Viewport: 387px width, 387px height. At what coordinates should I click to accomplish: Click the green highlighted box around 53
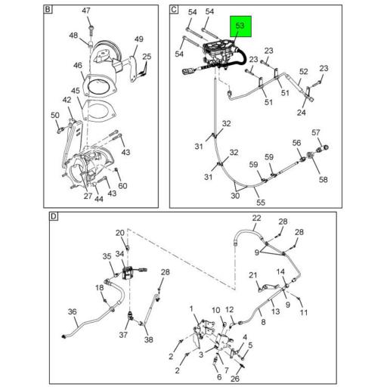tap(240, 26)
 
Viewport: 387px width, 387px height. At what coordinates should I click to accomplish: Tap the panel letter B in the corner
tap(48, 10)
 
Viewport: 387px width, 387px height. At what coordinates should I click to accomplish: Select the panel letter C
tap(174, 10)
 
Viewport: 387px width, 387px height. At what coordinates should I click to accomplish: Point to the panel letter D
tap(54, 216)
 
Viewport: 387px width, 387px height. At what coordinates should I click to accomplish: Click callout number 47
tap(86, 11)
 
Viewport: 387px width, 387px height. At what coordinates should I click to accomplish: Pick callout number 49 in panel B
tap(138, 39)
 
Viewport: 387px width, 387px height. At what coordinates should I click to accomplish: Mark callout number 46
tap(78, 65)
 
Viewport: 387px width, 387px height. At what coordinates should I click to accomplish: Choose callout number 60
tap(122, 186)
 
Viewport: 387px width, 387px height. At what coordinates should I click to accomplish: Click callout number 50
tap(55, 116)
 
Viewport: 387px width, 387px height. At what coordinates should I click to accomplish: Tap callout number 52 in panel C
tap(304, 72)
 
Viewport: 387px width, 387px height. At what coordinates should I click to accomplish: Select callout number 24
tap(302, 113)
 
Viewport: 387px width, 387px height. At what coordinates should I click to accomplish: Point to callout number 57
tap(316, 132)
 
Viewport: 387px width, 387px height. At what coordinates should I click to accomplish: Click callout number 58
tap(324, 180)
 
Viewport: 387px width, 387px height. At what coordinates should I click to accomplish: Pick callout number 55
tap(261, 203)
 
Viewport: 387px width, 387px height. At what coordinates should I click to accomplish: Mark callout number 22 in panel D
tap(256, 218)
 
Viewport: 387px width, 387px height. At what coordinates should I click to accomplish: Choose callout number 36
tap(72, 311)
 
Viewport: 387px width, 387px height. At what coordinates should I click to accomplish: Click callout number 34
tap(119, 254)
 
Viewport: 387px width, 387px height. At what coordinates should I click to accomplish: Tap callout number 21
tap(253, 275)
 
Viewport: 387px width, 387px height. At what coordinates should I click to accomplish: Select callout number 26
tap(235, 378)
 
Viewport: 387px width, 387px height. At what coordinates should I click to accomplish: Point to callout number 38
tap(149, 339)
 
